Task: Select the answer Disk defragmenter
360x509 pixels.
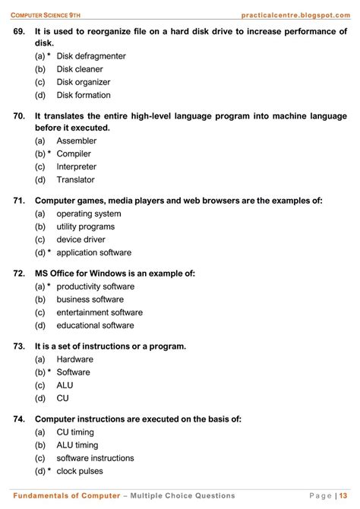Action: point(91,56)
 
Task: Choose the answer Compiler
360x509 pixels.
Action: point(74,153)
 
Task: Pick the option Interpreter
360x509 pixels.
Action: point(77,166)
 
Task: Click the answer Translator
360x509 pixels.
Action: point(75,179)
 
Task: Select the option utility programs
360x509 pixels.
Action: point(86,226)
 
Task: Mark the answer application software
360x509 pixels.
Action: point(94,252)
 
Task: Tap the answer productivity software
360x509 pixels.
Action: point(96,286)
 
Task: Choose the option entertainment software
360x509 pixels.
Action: point(99,312)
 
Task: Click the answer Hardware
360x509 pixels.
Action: point(75,359)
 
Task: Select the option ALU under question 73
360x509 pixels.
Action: point(65,385)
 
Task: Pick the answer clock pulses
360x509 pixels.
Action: point(82,471)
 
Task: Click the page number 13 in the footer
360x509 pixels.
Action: point(344,495)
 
